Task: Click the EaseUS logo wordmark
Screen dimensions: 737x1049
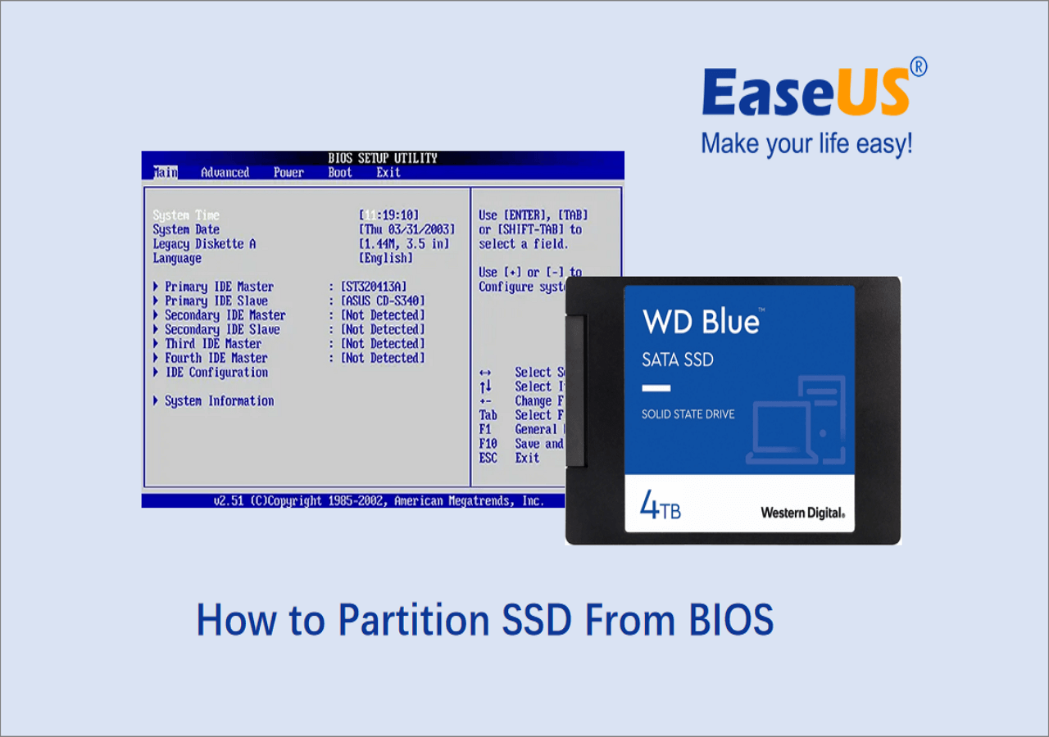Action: pyautogui.click(x=806, y=93)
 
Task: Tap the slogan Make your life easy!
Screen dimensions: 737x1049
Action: pyautogui.click(x=806, y=144)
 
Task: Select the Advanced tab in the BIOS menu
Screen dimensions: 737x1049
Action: pyautogui.click(x=225, y=173)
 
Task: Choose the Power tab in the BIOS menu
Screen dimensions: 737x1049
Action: pyautogui.click(x=288, y=173)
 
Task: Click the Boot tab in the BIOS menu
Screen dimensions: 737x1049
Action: pyautogui.click(x=339, y=173)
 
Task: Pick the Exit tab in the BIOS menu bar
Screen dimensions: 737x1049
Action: pyautogui.click(x=388, y=173)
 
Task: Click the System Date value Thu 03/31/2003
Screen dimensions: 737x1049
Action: pyautogui.click(x=406, y=230)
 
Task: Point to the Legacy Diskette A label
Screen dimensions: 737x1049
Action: pyautogui.click(x=204, y=244)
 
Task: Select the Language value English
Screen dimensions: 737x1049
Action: pyautogui.click(x=386, y=258)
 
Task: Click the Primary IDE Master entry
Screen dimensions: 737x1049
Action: pyautogui.click(x=219, y=287)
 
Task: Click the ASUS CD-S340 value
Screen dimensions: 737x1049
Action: pyautogui.click(x=383, y=301)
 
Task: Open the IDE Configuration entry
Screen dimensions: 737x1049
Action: pyautogui.click(x=216, y=373)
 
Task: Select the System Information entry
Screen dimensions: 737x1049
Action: pyautogui.click(x=219, y=401)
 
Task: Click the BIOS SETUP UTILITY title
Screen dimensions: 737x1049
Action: pyautogui.click(x=383, y=158)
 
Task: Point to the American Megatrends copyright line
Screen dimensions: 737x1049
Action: pyautogui.click(x=378, y=500)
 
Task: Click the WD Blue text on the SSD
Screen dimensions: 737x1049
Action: pyautogui.click(x=701, y=322)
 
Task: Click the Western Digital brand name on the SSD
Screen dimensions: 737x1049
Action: pyautogui.click(x=802, y=513)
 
